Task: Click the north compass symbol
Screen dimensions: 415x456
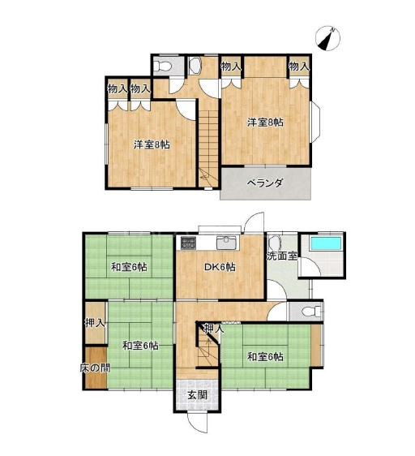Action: (328, 38)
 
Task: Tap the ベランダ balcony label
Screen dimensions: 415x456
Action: (265, 183)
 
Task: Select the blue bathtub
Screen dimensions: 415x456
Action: (326, 243)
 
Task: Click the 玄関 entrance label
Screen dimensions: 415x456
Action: (198, 395)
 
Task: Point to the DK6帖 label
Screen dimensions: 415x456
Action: (220, 267)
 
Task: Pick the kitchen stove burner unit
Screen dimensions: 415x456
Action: (188, 243)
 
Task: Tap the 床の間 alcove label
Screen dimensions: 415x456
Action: (95, 368)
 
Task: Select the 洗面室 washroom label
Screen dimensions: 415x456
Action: (282, 256)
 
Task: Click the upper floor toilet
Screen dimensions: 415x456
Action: (162, 67)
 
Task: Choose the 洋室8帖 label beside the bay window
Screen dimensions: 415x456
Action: (265, 123)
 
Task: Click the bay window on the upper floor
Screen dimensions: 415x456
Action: (315, 122)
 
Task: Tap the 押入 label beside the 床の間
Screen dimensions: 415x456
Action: (95, 323)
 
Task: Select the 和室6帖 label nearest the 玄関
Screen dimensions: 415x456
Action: (265, 357)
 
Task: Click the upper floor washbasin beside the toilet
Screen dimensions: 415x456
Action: (195, 66)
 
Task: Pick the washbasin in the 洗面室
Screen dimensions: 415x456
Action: (275, 242)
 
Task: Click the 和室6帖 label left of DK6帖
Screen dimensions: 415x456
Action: (129, 267)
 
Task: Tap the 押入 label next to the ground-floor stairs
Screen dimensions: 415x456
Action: (214, 329)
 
